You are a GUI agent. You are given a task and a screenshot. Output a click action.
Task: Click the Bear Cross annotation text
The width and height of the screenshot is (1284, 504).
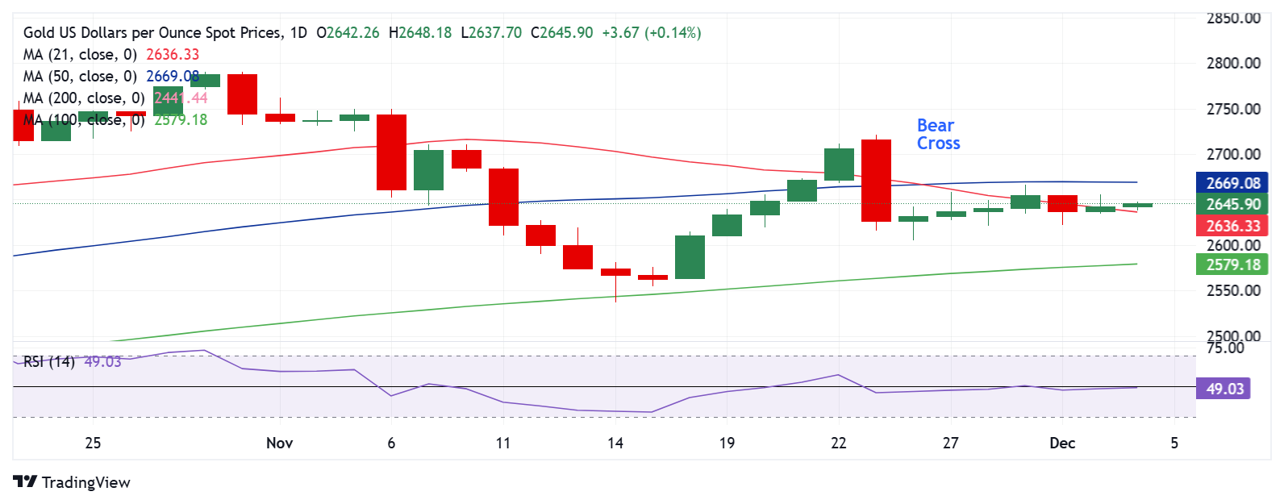click(938, 135)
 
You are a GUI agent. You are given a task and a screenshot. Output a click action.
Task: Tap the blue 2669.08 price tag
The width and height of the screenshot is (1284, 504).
click(1232, 183)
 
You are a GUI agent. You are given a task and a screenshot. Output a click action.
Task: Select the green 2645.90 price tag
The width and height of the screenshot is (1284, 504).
click(1232, 204)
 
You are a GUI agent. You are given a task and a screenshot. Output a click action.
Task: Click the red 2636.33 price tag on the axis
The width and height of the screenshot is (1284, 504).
click(1232, 226)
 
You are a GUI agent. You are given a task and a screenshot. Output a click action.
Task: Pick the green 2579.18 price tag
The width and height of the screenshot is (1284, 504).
click(1232, 264)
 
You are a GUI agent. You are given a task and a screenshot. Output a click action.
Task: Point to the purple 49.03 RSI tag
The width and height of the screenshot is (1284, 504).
click(1224, 389)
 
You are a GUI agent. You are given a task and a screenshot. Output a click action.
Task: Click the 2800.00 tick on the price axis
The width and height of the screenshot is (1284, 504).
click(1232, 63)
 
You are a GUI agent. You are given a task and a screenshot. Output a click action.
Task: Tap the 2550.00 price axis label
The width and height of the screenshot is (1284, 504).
click(1232, 290)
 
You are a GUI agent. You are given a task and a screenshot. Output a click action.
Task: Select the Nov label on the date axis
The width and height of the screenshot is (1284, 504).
click(279, 443)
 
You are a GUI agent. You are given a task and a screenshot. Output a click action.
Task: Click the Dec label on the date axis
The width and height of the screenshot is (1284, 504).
click(1062, 443)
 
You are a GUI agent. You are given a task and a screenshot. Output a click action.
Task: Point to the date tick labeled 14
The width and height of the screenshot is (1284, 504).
click(615, 443)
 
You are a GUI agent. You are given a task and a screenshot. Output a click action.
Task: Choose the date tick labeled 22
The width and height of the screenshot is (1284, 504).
click(839, 443)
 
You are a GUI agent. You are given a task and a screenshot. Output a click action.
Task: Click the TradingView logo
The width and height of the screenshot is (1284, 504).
click(72, 482)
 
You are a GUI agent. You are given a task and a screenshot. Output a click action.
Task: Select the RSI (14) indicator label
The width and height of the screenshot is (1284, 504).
click(49, 361)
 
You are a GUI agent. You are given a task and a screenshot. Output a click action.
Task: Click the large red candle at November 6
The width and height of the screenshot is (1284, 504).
click(392, 152)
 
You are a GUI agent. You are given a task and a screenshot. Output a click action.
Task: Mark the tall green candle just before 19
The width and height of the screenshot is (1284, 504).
click(690, 257)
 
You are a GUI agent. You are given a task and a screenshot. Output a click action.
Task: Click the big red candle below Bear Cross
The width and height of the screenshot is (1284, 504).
click(876, 181)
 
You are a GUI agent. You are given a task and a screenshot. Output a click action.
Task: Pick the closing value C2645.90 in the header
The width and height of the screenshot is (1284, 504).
click(561, 33)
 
